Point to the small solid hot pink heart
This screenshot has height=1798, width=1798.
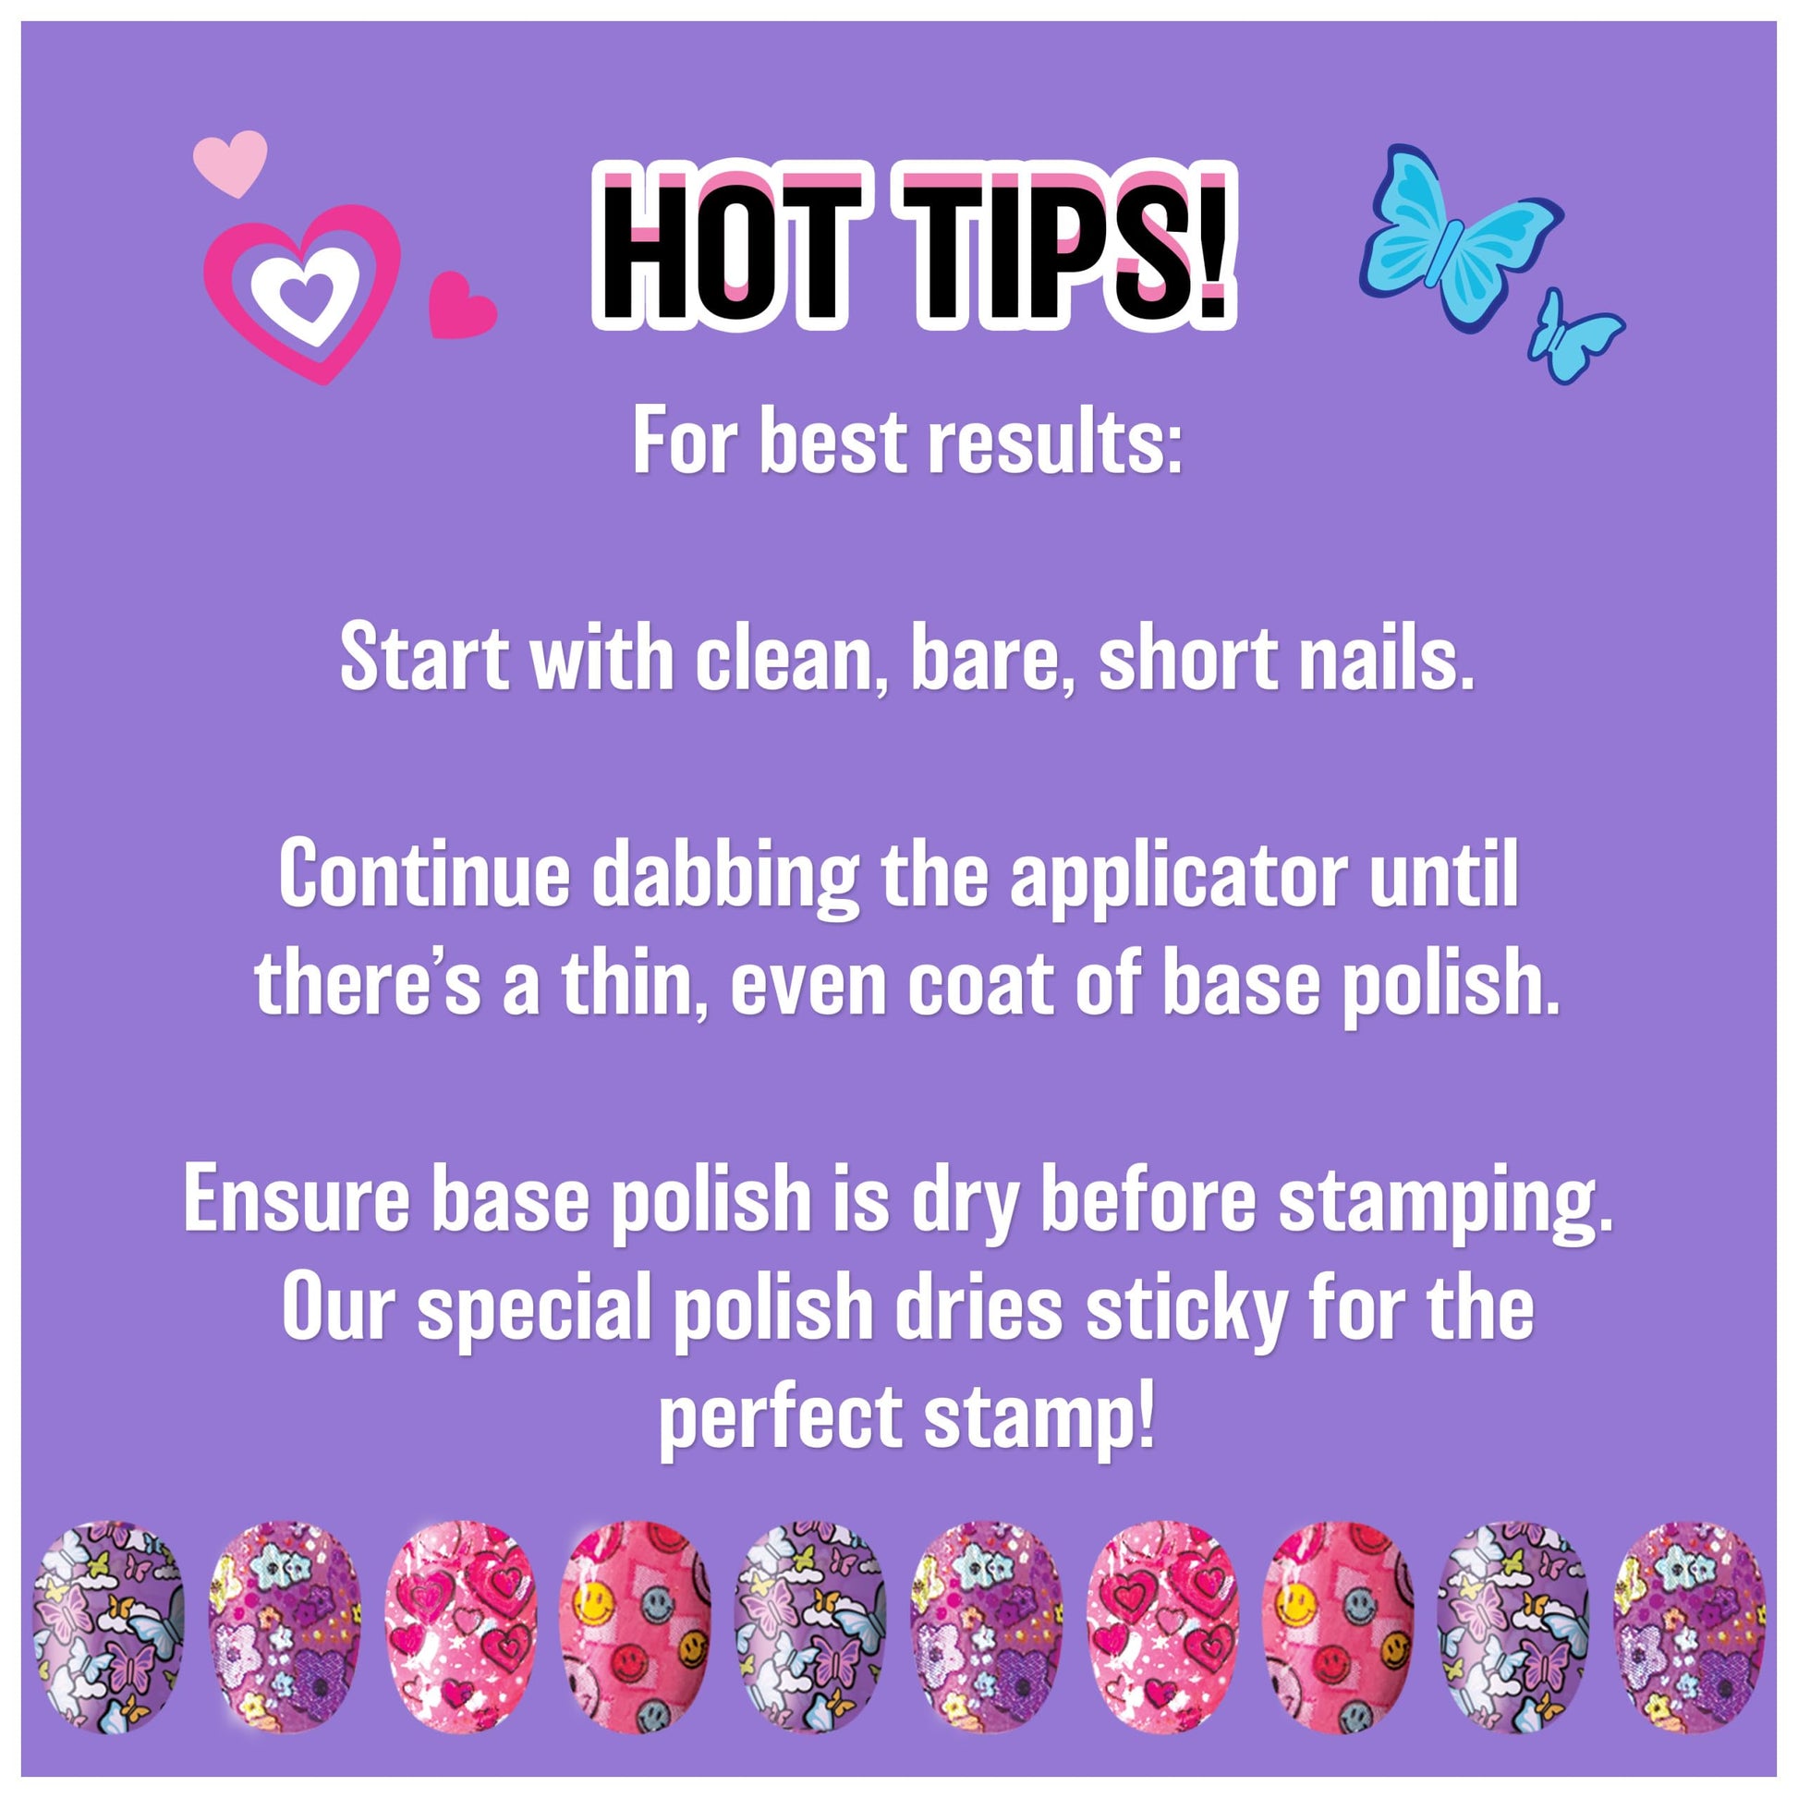pyautogui.click(x=462, y=305)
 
